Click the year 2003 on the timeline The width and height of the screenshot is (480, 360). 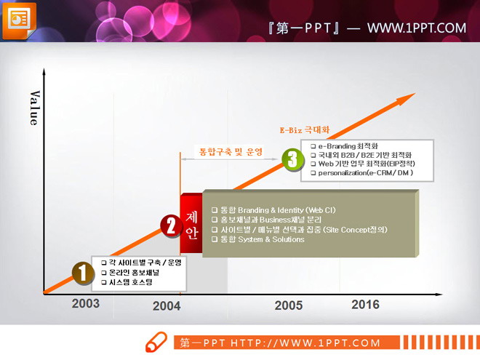85,303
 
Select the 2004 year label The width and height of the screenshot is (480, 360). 167,306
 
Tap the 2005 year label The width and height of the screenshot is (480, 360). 288,305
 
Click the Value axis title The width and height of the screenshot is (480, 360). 34,108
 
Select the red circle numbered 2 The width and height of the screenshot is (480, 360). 170,225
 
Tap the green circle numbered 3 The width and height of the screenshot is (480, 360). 292,159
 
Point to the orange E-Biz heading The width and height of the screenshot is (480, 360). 305,130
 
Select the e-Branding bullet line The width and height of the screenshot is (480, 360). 348,145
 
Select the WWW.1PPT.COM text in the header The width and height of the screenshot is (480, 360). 416,28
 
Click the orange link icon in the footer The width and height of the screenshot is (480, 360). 156,343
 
